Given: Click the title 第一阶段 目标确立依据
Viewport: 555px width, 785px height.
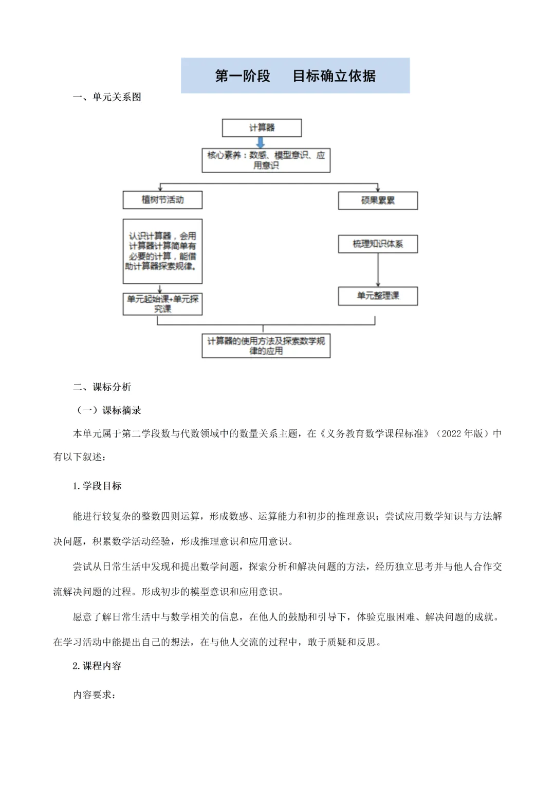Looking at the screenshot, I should click(x=295, y=76).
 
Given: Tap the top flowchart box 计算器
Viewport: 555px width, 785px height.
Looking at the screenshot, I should click(x=262, y=128).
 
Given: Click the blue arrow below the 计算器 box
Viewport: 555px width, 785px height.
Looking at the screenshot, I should click(x=261, y=143).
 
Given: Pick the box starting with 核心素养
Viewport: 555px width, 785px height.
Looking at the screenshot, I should click(x=266, y=160).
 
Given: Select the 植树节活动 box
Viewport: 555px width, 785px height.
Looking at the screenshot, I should click(x=162, y=200).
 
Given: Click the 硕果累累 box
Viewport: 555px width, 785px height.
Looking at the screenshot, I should click(x=378, y=200).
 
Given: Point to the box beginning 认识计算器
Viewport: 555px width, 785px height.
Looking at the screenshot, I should click(x=162, y=251).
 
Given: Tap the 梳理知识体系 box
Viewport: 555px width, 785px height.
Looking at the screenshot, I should click(x=378, y=244).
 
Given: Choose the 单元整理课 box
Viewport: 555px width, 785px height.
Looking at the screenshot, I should click(x=378, y=296).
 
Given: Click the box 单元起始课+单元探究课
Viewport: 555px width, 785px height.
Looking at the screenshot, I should click(x=162, y=304).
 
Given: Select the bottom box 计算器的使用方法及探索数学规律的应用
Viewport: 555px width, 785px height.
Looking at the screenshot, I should click(x=266, y=346).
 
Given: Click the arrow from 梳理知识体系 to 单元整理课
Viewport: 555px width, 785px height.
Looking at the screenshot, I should click(x=378, y=269).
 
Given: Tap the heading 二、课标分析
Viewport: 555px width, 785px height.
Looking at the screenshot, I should click(x=102, y=387).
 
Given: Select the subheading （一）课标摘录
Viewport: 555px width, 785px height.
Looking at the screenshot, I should click(x=108, y=410).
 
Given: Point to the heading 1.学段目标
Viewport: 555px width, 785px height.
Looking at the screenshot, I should click(x=97, y=486).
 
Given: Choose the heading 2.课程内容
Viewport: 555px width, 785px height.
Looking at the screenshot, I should click(x=97, y=666).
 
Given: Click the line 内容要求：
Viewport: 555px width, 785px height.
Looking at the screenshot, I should click(x=95, y=695).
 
